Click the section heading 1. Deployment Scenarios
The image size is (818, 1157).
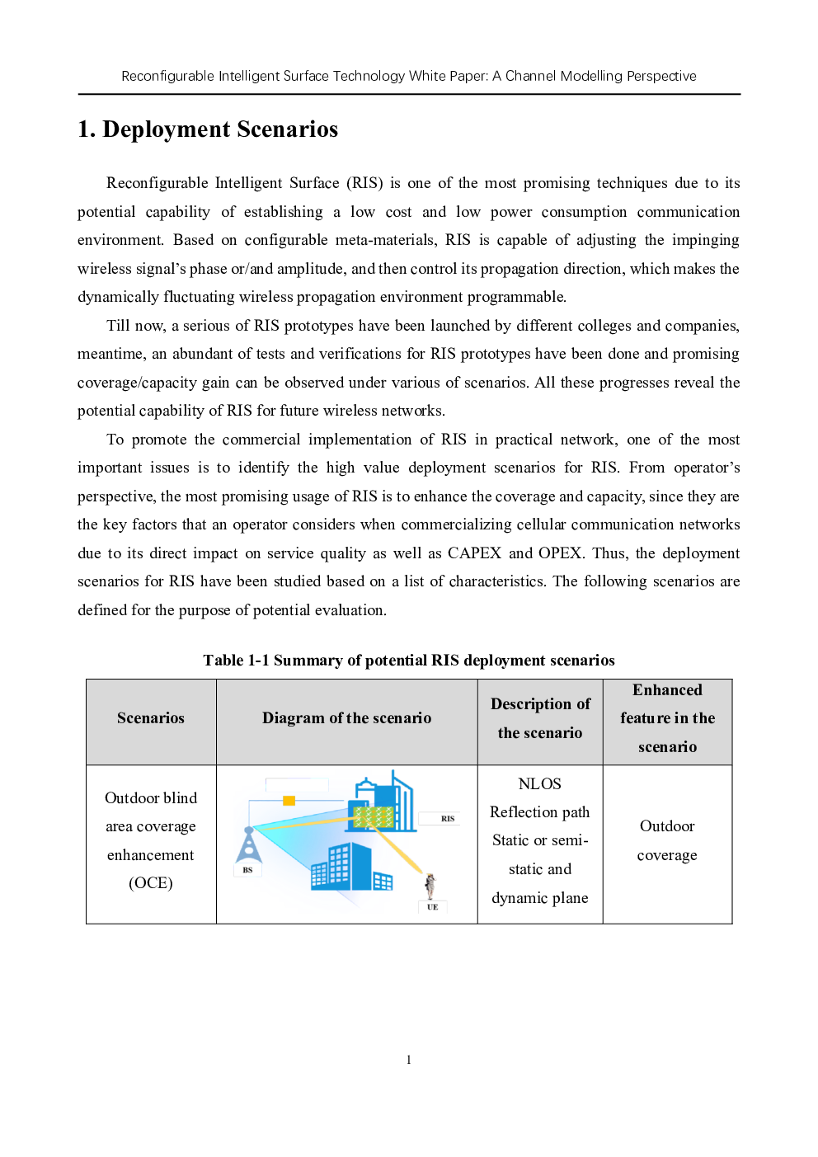point(208,129)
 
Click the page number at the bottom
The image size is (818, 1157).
point(409,1061)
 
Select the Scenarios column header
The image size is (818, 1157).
point(151,718)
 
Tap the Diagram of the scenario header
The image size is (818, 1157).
point(346,718)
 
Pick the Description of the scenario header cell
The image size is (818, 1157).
point(540,718)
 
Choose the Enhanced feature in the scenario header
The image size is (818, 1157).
point(667,718)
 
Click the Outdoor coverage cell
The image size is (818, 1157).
point(667,840)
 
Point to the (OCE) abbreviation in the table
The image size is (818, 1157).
point(151,882)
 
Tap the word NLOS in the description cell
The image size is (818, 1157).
point(539,783)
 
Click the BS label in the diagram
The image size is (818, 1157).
point(248,870)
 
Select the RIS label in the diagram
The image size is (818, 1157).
point(448,818)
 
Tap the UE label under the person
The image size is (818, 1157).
point(433,906)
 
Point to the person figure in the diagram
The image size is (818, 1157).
point(430,886)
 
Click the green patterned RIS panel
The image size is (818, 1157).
point(374,817)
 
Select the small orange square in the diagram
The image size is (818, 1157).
point(289,801)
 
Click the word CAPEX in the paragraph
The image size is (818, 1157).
point(475,553)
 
